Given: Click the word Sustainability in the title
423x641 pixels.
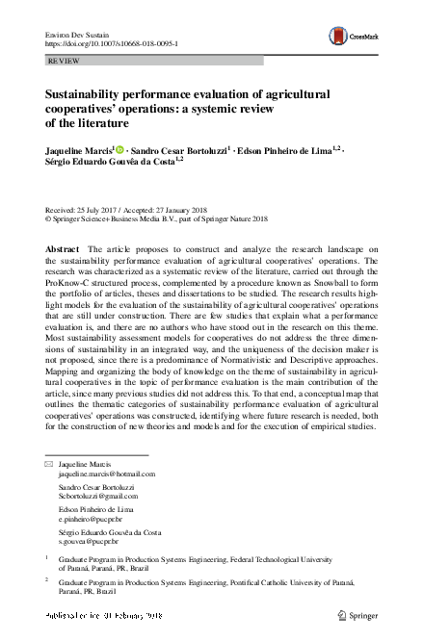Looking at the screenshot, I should [x=85, y=95].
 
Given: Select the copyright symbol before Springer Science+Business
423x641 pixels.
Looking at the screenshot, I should [x=48, y=218].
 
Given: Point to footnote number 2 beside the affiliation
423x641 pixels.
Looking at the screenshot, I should [x=48, y=581].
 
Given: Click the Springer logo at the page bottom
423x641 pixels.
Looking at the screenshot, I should [x=363, y=613].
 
